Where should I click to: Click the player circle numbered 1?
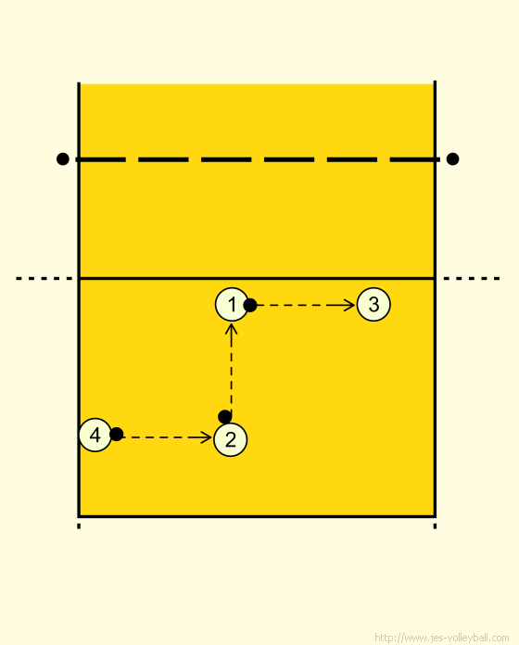pos(232,304)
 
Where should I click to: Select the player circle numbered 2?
pos(230,439)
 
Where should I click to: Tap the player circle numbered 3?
pos(373,304)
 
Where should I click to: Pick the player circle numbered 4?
pos(95,435)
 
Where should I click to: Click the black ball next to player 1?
pos(250,305)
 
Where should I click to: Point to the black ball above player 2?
pos(225,417)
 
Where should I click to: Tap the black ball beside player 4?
pos(117,434)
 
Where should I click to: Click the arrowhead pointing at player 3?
pos(349,305)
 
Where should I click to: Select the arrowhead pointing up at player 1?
pos(232,329)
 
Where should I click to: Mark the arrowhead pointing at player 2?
pos(207,437)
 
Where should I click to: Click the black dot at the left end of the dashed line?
pos(62,158)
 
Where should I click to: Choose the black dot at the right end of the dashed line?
pos(452,158)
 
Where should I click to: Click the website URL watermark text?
pos(442,638)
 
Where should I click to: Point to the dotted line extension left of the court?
pos(44,279)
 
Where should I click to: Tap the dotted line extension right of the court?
pos(472,279)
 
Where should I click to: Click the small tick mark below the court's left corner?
pos(79,526)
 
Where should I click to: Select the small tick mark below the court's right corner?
pos(435,526)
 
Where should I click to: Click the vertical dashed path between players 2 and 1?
pos(232,373)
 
